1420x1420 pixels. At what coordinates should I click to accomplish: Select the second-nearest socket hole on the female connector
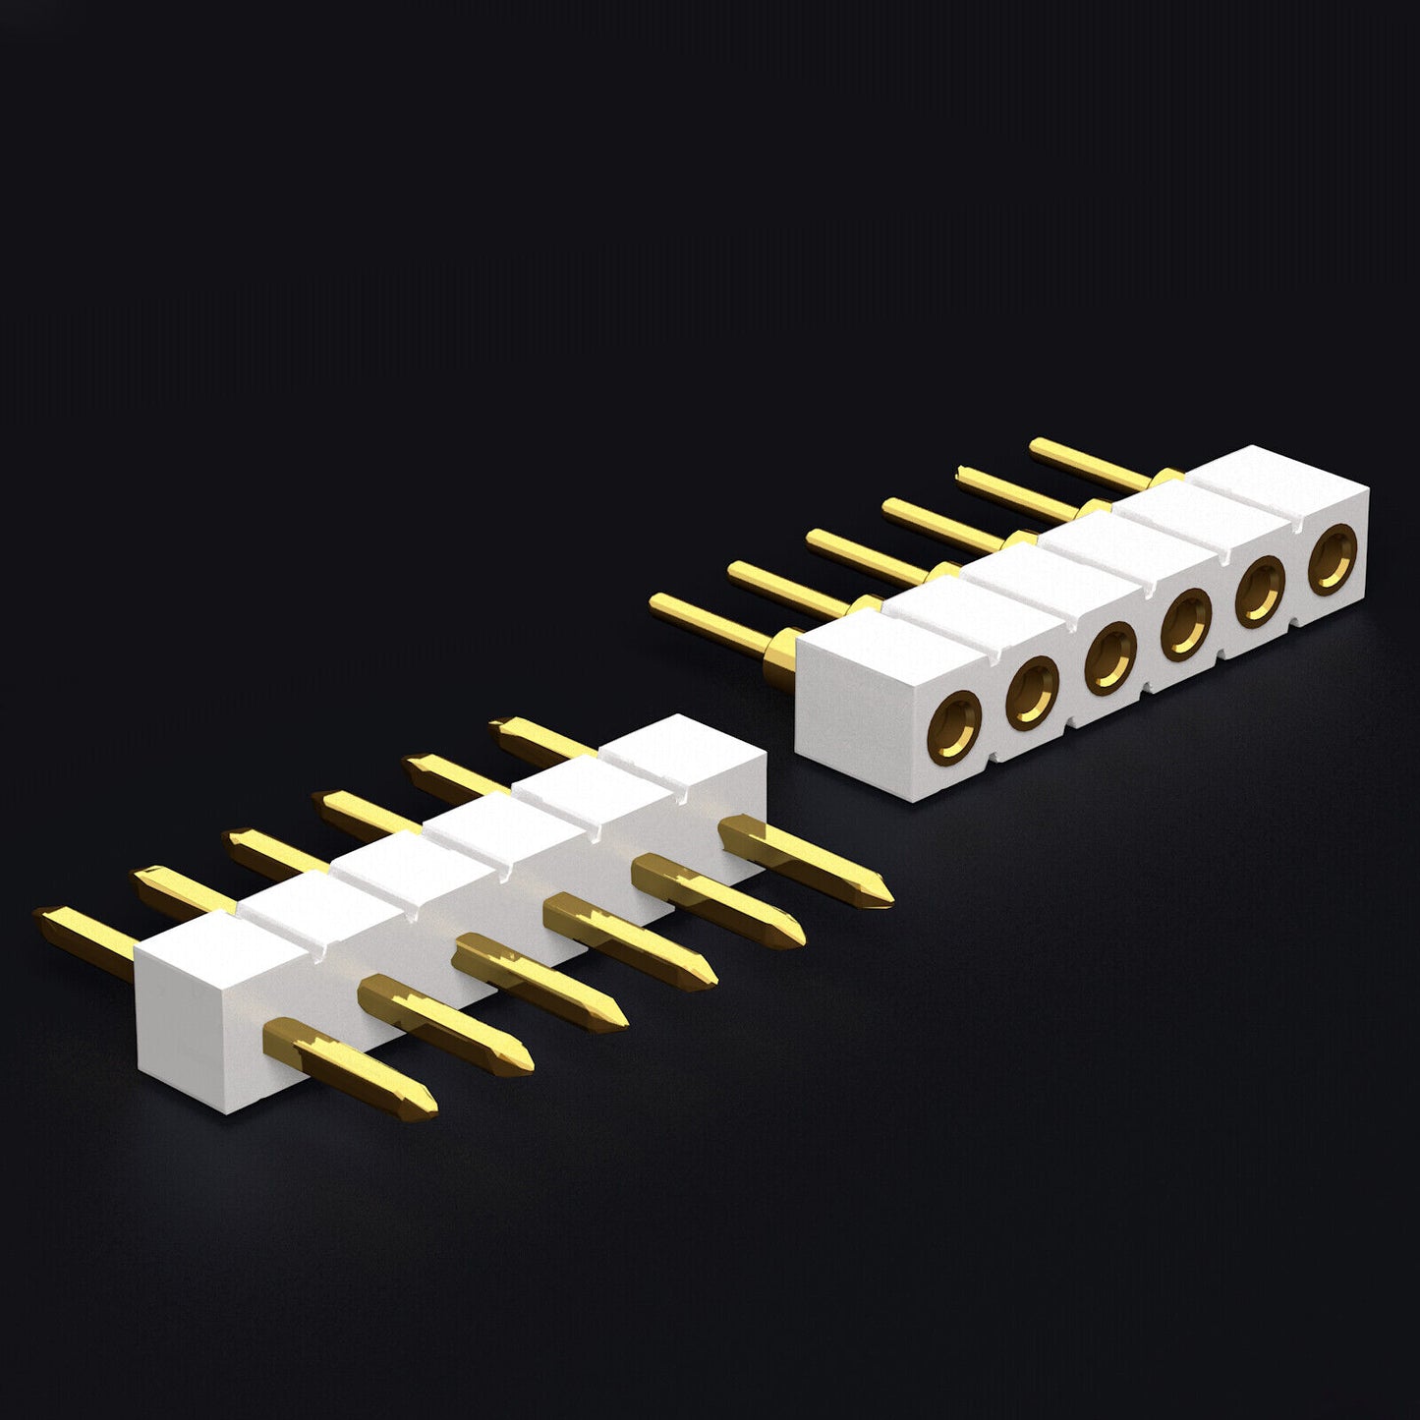coord(1032,692)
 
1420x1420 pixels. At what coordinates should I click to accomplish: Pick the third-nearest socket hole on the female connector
coord(1110,656)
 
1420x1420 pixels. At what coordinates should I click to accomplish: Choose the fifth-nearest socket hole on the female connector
coord(1260,592)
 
